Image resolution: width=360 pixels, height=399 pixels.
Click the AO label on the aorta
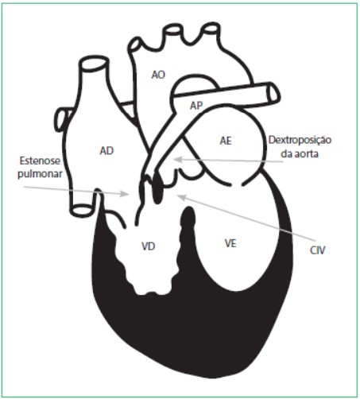tap(158, 75)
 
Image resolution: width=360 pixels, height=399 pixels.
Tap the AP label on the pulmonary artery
tap(196, 106)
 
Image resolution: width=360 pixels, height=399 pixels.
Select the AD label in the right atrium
tap(106, 151)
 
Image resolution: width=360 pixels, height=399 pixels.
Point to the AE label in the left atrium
tap(226, 141)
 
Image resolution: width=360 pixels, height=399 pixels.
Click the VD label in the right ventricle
tap(148, 246)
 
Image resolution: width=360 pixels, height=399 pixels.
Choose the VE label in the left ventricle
tap(230, 243)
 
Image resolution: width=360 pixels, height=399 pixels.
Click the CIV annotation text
tap(317, 250)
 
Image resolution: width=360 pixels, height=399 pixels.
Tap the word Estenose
tap(40, 161)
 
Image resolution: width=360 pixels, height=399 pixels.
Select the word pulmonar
tap(40, 174)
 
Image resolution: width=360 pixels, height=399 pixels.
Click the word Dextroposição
tap(300, 140)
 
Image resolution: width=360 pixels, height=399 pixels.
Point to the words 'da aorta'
tap(300, 153)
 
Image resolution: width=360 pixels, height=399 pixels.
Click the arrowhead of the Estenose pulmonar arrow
tap(125, 194)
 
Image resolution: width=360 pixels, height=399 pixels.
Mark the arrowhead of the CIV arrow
tap(180, 197)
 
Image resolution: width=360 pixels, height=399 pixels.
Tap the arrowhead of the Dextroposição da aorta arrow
tap(177, 160)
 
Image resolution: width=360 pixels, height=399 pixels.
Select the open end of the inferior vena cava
tap(83, 210)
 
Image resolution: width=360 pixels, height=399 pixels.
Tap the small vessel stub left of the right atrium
tap(60, 119)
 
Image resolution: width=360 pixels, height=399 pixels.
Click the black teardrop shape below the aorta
tap(157, 188)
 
